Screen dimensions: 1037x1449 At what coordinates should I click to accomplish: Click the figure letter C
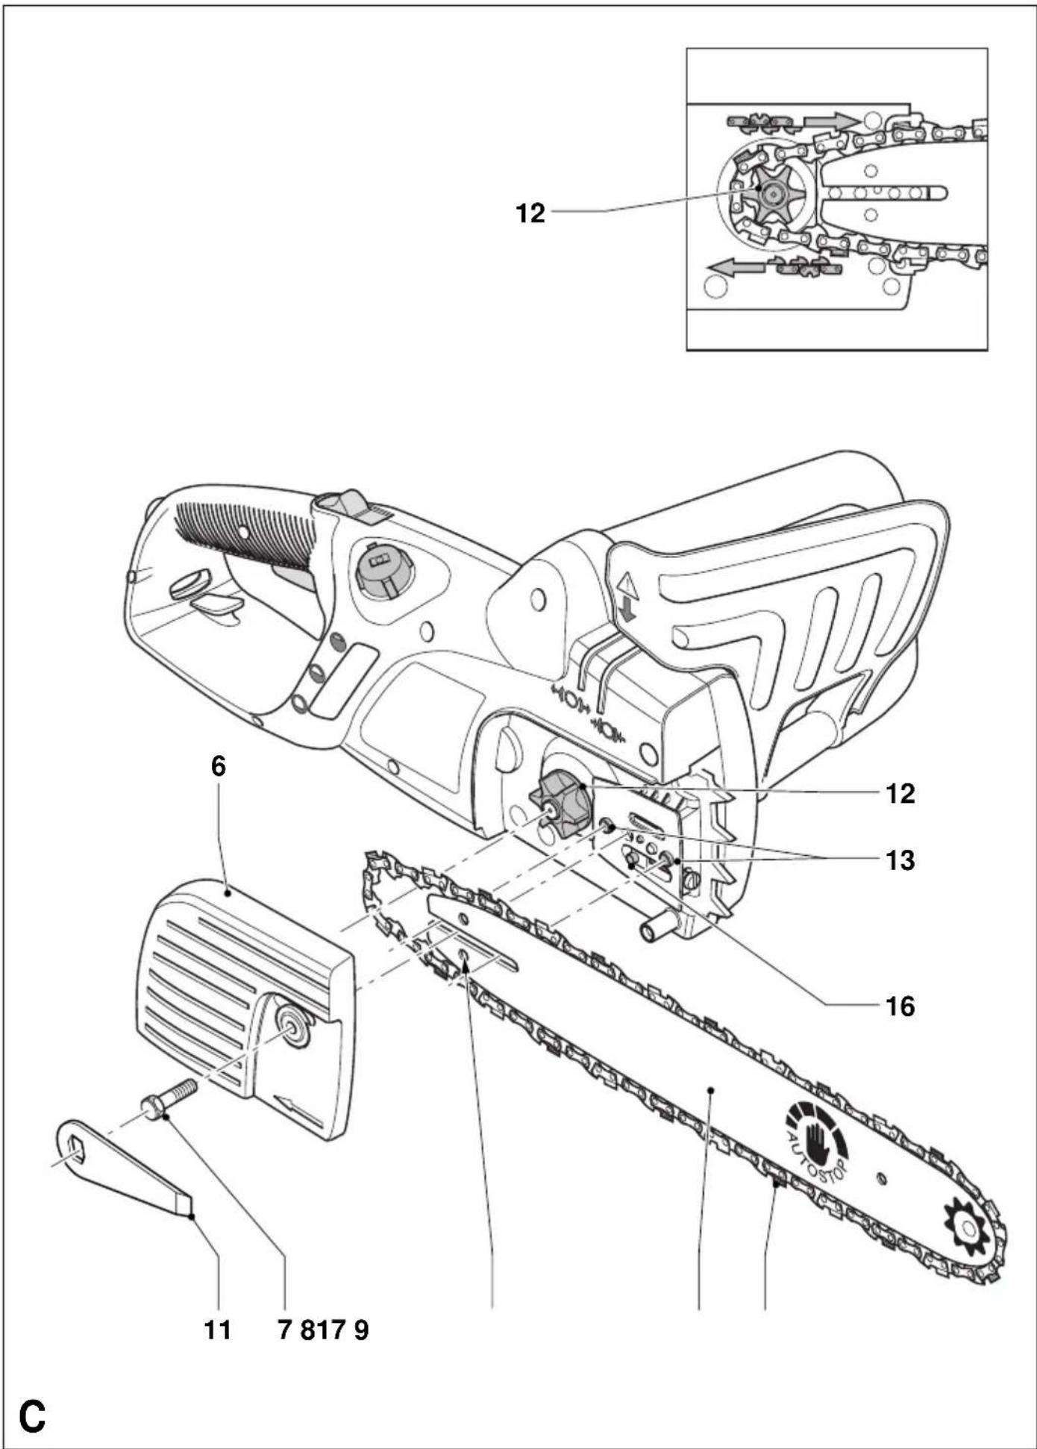tap(32, 1416)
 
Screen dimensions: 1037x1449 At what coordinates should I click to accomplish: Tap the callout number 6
tap(218, 766)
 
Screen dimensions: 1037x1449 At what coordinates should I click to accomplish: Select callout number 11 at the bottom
tap(218, 1330)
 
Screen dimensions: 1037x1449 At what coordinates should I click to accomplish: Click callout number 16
tap(900, 1007)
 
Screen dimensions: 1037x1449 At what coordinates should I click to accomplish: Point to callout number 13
tap(900, 860)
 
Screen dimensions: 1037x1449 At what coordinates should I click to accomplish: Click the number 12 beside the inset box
tap(530, 213)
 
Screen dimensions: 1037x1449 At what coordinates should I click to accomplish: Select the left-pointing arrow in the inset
tap(736, 266)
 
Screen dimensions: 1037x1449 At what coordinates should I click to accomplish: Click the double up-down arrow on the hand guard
tap(627, 597)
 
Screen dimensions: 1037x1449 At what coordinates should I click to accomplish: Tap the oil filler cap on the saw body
tap(383, 569)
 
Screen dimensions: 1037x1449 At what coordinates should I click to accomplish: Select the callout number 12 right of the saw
tap(900, 793)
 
